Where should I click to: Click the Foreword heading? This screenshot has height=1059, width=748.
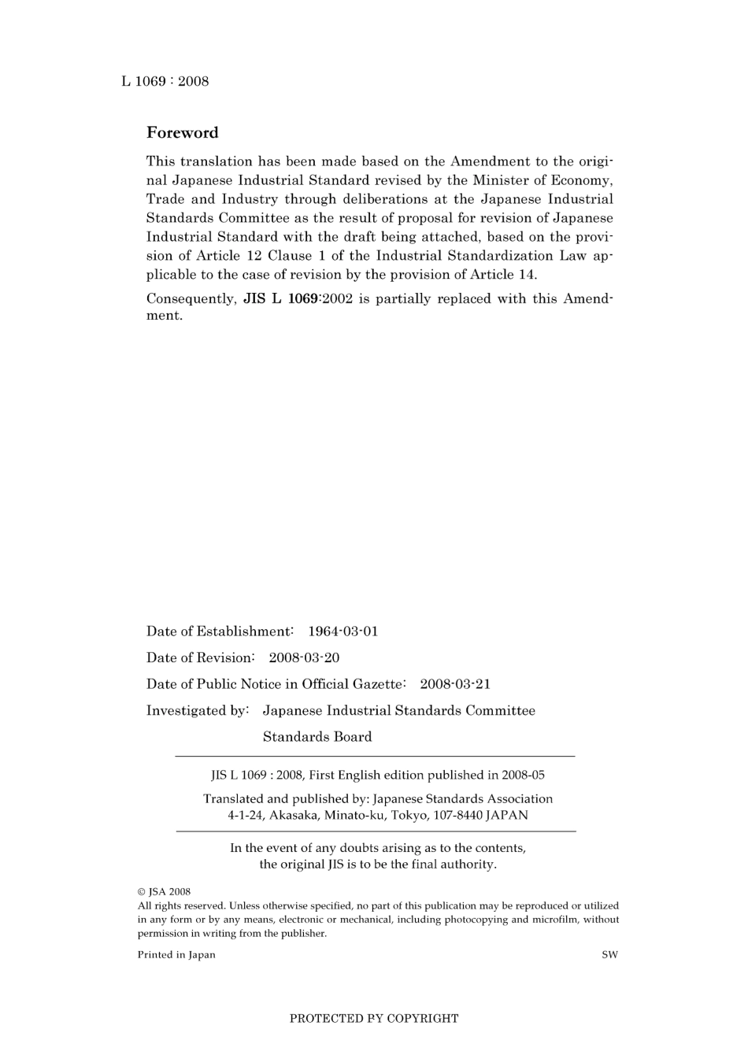(182, 132)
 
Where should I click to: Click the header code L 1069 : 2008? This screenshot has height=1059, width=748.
(165, 81)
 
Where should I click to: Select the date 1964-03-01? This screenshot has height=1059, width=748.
(343, 631)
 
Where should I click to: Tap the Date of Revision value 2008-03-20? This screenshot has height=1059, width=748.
(304, 657)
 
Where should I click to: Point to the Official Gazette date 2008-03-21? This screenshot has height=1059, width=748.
(455, 684)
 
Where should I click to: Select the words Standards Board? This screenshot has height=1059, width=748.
(317, 737)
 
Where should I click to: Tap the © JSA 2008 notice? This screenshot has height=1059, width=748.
(164, 892)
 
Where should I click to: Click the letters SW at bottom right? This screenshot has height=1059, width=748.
(609, 955)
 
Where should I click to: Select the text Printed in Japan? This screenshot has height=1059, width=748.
(176, 955)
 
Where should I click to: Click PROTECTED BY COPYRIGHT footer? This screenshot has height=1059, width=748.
(374, 1018)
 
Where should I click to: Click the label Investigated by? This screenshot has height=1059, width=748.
(198, 711)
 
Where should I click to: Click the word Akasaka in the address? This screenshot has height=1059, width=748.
(292, 816)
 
